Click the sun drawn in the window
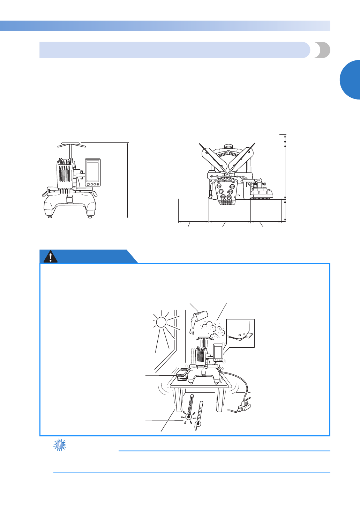click(161, 322)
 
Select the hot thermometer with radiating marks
click(189, 408)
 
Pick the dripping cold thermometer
click(199, 415)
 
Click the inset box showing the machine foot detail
click(241, 333)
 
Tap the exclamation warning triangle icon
click(51, 257)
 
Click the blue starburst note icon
click(60, 445)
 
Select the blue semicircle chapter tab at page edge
click(350, 80)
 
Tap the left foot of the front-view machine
click(50, 217)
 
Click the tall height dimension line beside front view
click(128, 180)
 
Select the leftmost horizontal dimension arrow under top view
click(194, 221)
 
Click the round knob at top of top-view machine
click(228, 146)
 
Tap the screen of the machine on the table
click(218, 352)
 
